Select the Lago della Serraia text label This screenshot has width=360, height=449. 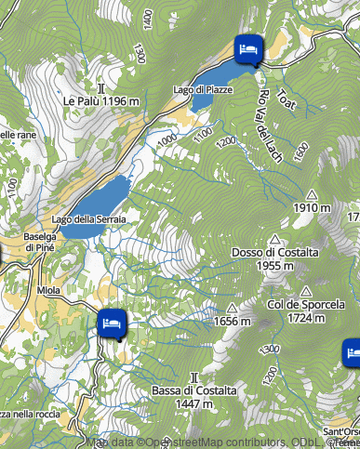pyautogui.click(x=89, y=218)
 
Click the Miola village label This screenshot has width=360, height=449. pyautogui.click(x=48, y=290)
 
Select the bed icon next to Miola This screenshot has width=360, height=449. pyautogui.click(x=112, y=323)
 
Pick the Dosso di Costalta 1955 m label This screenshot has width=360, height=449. pyautogui.click(x=262, y=258)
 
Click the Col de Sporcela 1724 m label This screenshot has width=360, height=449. pyautogui.click(x=306, y=310)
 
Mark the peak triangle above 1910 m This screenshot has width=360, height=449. pyautogui.click(x=312, y=194)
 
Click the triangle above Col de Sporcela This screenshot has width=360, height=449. pyautogui.click(x=305, y=290)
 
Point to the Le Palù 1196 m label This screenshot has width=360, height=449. pyautogui.click(x=101, y=100)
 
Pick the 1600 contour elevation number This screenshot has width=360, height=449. pyautogui.click(x=300, y=150)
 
